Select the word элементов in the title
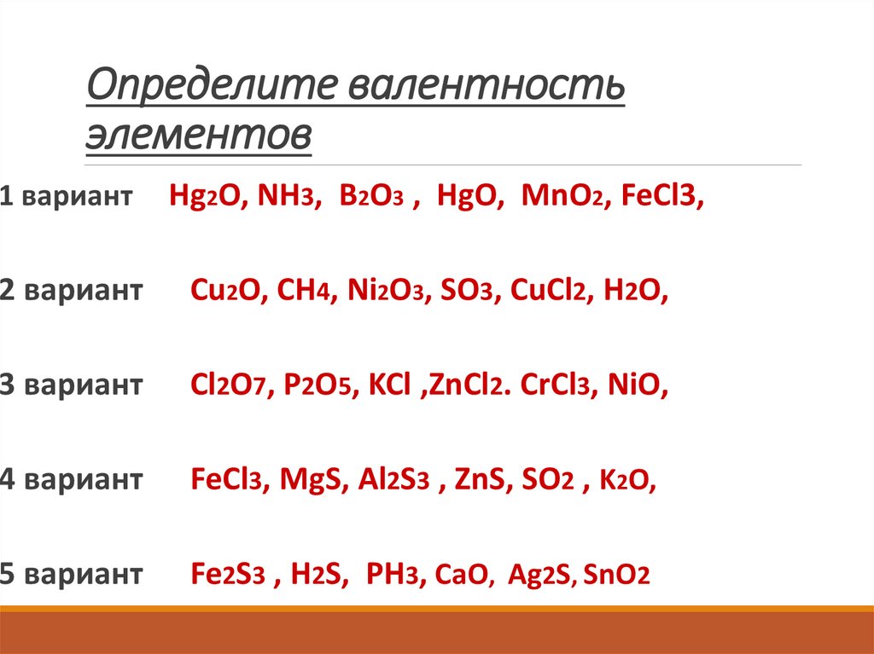tap(198, 136)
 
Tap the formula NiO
tap(635, 385)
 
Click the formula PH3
tap(393, 574)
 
